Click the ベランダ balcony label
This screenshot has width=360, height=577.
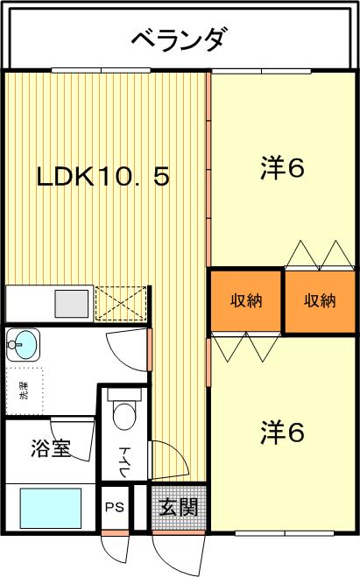178,39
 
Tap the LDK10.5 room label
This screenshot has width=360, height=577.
103,177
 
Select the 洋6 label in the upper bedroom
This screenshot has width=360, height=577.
282,168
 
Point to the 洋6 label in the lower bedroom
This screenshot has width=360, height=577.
282,432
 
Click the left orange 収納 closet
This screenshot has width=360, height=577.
246,300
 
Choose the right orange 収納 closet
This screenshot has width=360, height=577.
320,301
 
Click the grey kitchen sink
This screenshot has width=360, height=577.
72,304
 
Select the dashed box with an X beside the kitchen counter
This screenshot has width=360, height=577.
121,304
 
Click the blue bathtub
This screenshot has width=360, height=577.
51,508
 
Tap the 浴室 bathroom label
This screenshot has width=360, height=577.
51,447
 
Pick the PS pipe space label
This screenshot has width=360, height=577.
115,508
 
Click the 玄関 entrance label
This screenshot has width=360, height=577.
179,507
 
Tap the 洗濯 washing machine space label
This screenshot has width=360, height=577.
24,391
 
